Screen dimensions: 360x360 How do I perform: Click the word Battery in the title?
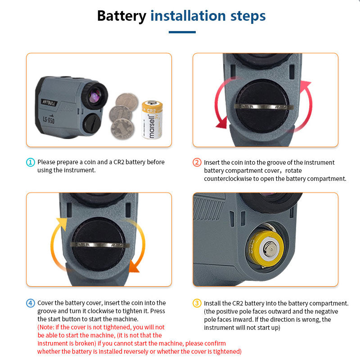pos(121,16)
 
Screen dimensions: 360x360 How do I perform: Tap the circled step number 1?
pos(31,162)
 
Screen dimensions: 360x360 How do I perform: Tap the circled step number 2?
pos(197,162)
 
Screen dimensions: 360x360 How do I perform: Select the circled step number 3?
pos(197,303)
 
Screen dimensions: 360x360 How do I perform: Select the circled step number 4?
pos(31,303)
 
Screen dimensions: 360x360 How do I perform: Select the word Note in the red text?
pos(48,327)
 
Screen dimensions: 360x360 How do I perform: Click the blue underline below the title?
pos(182,32)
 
